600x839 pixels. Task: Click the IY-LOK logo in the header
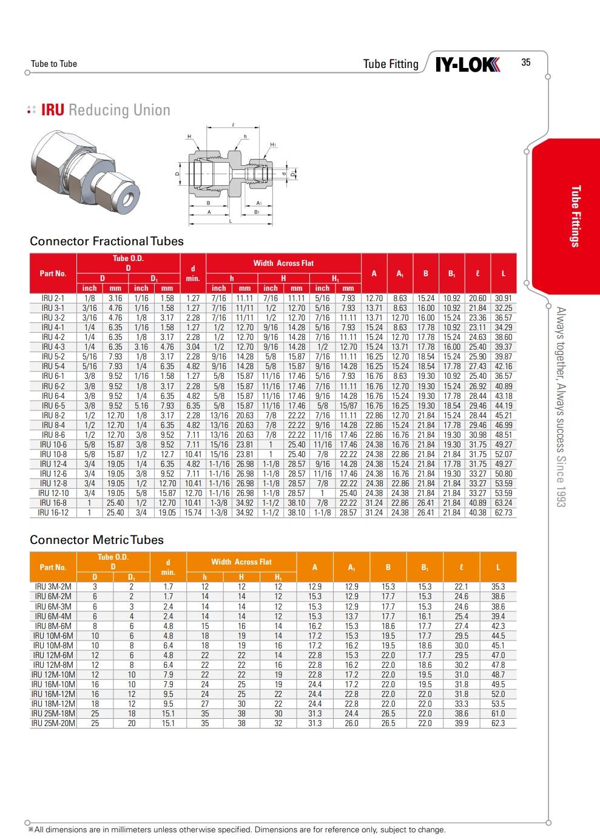point(468,64)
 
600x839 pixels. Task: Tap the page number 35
point(525,63)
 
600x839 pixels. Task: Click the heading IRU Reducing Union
point(106,110)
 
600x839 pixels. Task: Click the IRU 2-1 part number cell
point(53,298)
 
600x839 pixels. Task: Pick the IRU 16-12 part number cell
point(53,512)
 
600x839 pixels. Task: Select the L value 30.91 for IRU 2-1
point(503,298)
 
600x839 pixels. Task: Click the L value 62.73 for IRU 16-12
point(503,512)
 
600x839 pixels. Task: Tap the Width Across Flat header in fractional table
point(283,263)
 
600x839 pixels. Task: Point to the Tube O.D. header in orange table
point(113,562)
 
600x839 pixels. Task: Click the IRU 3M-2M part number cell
point(53,586)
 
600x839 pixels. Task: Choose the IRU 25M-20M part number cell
point(53,723)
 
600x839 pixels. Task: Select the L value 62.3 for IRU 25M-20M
point(497,723)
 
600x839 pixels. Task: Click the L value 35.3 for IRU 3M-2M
point(497,586)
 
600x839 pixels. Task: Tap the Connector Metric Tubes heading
point(96,540)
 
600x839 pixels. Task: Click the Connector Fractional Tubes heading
point(106,241)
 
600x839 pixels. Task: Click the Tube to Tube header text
point(54,64)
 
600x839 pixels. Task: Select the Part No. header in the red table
point(53,273)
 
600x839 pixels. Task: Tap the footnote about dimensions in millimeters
point(237,829)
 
